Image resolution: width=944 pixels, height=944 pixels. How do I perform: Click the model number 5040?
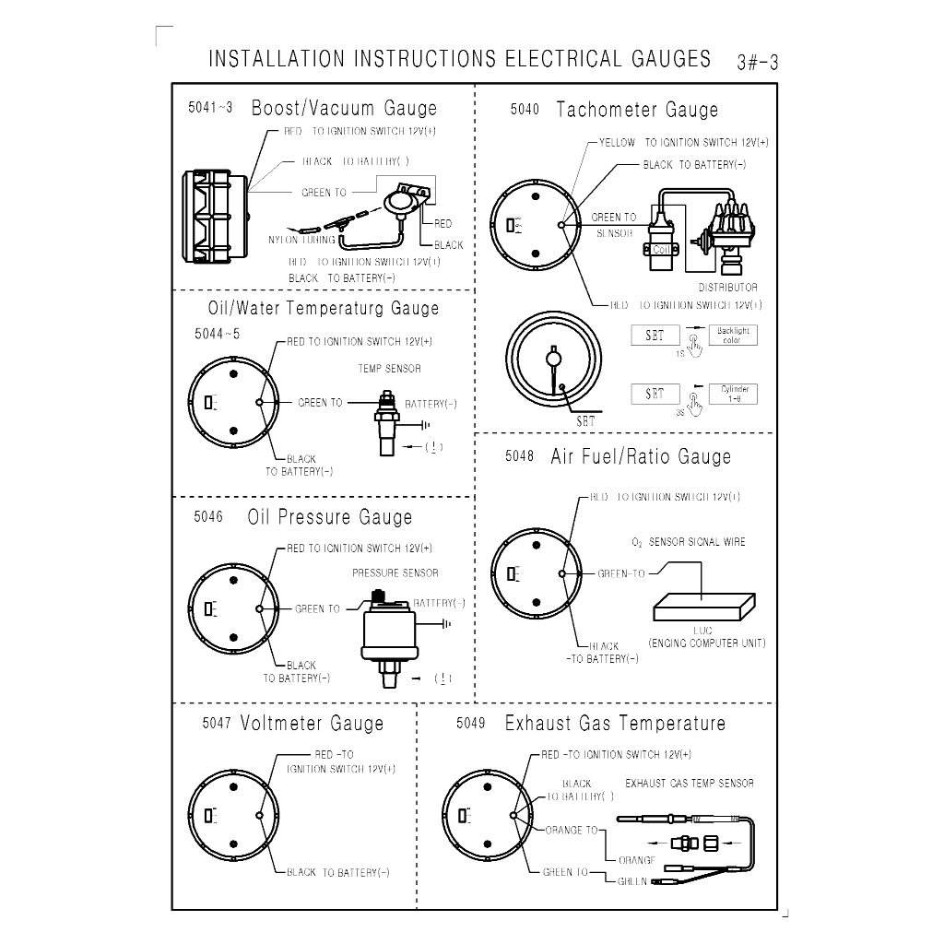pos(524,110)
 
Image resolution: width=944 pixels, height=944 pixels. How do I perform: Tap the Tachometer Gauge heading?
pos(637,110)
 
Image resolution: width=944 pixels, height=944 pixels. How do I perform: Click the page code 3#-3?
pos(758,63)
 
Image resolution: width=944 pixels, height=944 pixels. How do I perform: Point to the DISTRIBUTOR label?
pos(727,288)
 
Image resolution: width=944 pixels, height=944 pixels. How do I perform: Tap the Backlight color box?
pos(733,335)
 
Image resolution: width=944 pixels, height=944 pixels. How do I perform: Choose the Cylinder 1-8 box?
pos(733,394)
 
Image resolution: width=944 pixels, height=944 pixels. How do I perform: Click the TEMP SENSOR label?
pos(389,369)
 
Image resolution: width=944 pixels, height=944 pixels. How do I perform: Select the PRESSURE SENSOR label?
pos(395,572)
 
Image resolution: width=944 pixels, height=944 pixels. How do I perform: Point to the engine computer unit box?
pos(703,606)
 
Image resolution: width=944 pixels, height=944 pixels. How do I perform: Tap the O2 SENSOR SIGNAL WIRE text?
pos(689,542)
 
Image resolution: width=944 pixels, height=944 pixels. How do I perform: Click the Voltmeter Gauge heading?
pos(312,724)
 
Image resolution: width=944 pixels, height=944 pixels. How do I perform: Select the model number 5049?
pos(470,724)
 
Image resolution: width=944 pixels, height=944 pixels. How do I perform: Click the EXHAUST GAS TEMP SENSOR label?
pos(690,784)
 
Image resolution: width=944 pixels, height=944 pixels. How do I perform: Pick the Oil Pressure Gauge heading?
pos(330,517)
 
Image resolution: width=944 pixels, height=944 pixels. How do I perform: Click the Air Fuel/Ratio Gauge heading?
pos(641,456)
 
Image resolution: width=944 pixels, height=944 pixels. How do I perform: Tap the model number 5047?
pos(217,724)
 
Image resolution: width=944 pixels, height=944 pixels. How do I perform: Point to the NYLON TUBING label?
pos(302,240)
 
